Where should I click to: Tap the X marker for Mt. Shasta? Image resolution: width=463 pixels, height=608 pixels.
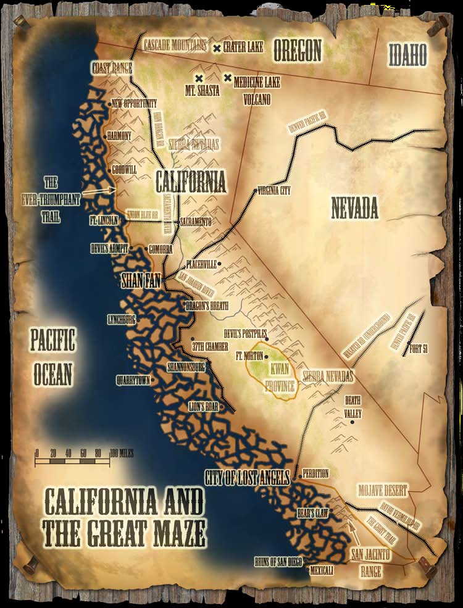pyautogui.click(x=199, y=78)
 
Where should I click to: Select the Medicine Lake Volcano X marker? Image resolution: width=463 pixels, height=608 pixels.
pyautogui.click(x=228, y=78)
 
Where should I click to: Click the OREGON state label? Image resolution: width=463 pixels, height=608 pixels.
pyautogui.click(x=298, y=50)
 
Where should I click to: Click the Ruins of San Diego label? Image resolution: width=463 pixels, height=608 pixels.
pyautogui.click(x=278, y=562)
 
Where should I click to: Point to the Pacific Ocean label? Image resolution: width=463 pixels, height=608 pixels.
pyautogui.click(x=52, y=357)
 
